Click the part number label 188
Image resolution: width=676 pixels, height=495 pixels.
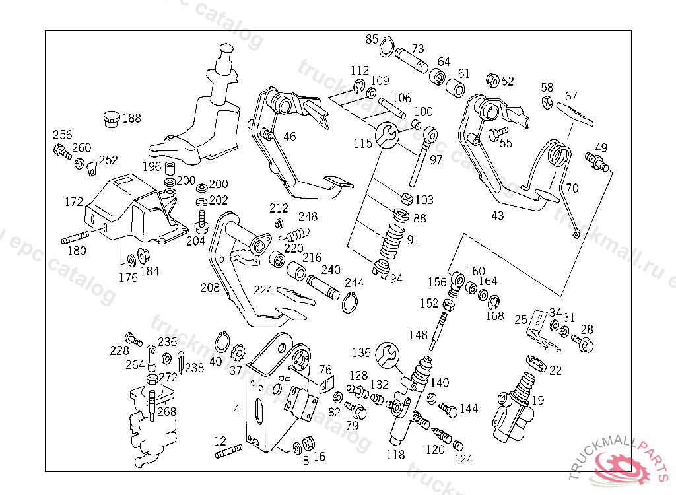coord(131,119)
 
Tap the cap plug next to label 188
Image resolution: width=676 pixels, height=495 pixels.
coord(112,119)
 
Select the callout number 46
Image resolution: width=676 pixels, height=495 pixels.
coord(290,137)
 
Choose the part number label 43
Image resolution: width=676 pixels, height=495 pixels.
coord(497,215)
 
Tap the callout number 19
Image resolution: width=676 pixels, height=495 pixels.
coord(538,399)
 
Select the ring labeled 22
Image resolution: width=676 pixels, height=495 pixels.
coord(534,363)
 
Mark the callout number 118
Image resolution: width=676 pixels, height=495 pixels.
coord(395,454)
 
